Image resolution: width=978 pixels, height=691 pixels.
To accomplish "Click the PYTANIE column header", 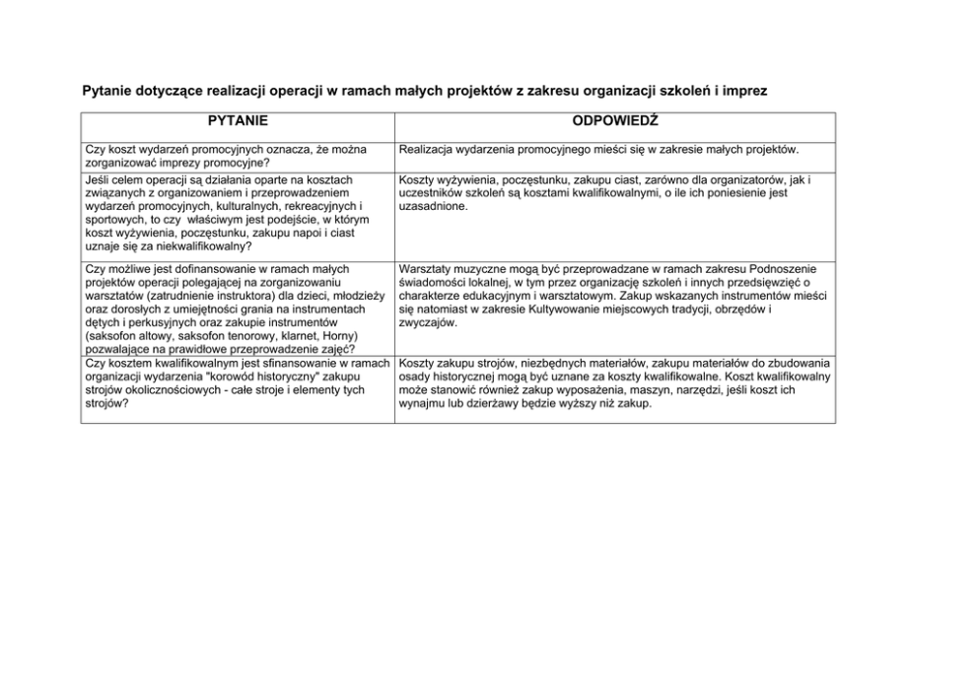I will coord(237,121).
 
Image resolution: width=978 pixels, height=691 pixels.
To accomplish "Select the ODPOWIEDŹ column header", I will coord(615,121).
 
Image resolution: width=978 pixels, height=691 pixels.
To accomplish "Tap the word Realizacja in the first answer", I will coord(431,150).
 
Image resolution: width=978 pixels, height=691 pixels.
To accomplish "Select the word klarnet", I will coord(279,336).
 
